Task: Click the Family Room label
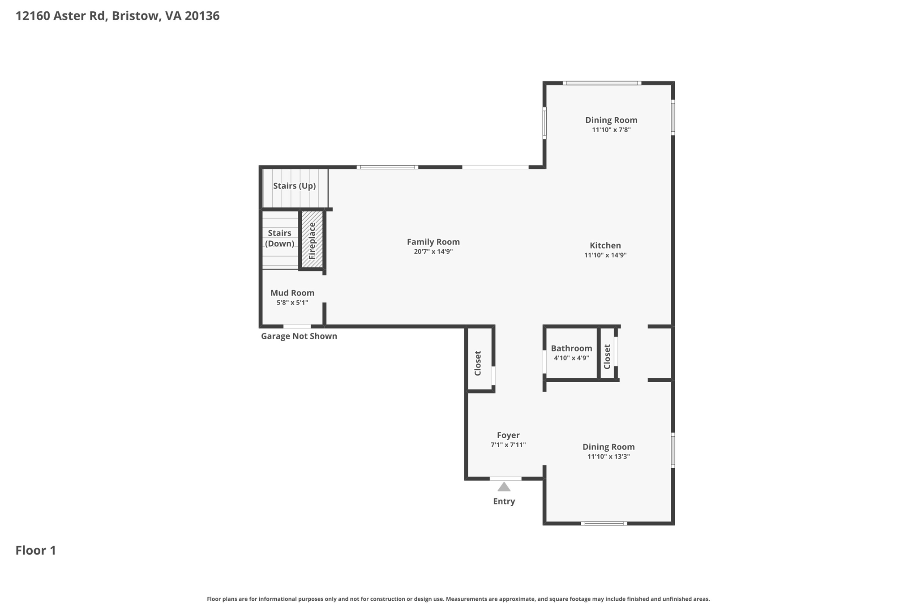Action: pos(433,242)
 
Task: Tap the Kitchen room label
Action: pos(605,245)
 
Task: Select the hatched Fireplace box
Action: pos(312,240)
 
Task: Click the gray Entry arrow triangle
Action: pos(504,487)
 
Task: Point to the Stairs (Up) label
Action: pos(294,186)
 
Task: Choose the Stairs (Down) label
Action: pos(279,238)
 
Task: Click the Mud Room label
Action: pos(292,293)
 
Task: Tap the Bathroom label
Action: pos(571,348)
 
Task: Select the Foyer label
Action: pos(508,435)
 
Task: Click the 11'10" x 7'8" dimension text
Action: pos(611,130)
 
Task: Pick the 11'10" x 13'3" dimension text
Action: pos(608,457)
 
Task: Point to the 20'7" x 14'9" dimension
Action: pos(433,252)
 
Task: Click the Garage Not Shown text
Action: pos(299,336)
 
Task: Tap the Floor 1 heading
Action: pos(36,550)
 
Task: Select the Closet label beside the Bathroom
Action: pos(607,356)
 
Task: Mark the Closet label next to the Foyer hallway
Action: pos(478,363)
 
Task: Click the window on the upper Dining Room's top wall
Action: pos(602,83)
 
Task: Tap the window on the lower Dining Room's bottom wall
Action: pos(604,523)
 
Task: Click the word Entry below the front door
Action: pos(504,501)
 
